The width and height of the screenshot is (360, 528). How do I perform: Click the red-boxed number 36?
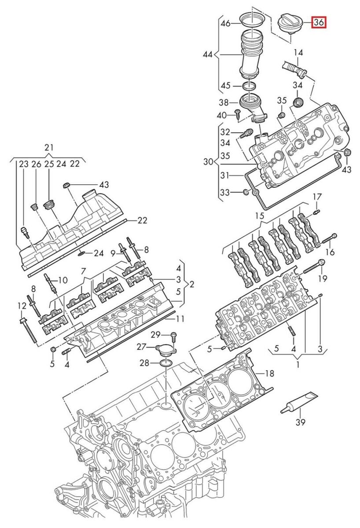coord(319,22)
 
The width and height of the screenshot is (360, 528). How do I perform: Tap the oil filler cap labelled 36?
coord(290,24)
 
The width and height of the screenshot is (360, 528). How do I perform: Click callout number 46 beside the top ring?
coord(226,23)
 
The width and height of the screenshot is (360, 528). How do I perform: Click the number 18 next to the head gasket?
coord(269,373)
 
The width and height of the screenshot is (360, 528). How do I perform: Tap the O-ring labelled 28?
coord(166,363)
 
